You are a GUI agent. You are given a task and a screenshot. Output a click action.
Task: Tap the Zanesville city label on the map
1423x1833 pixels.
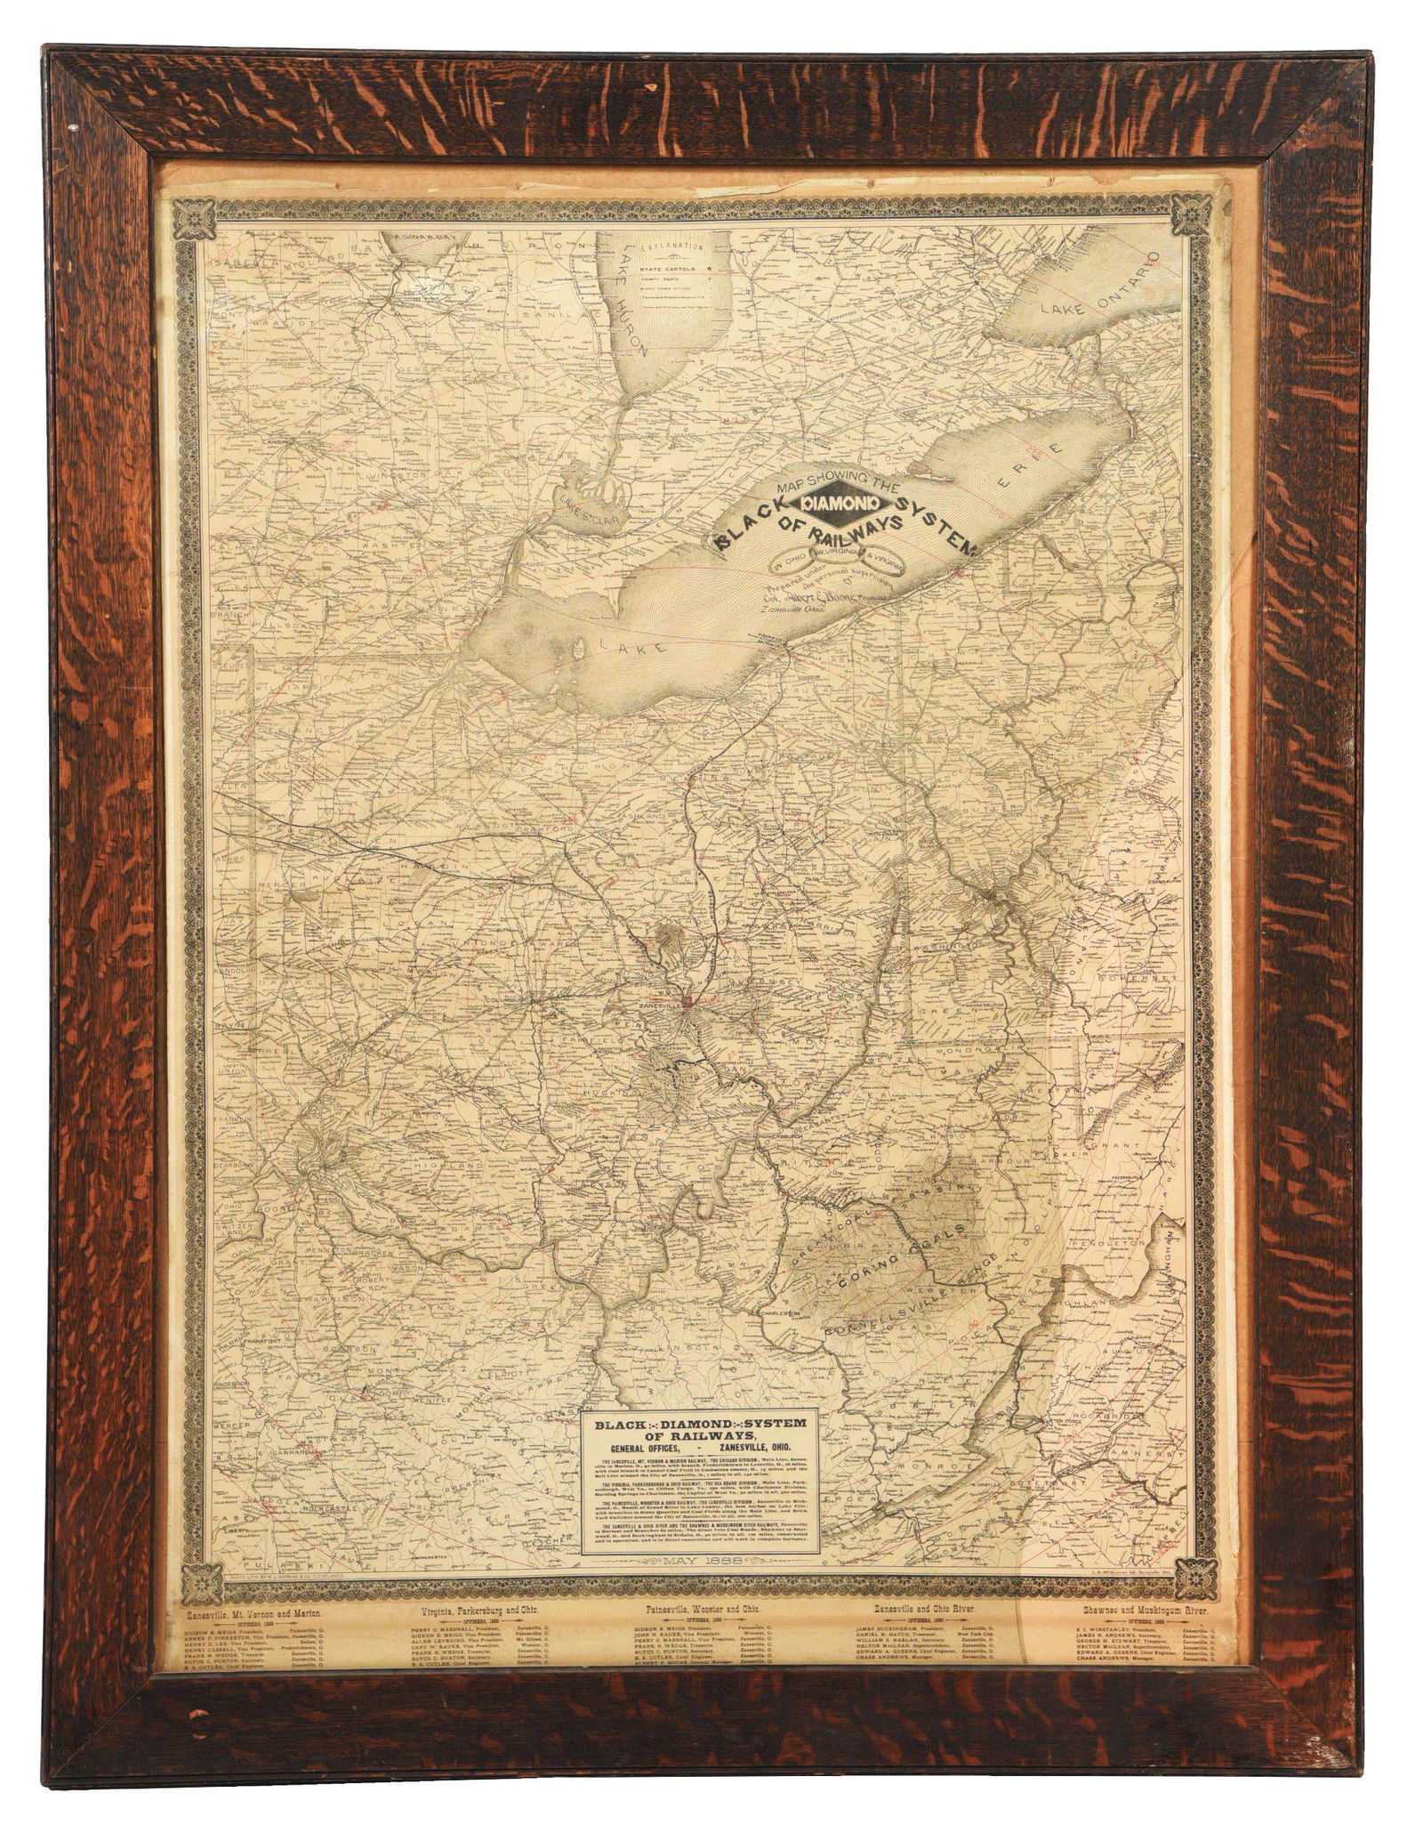point(656,1004)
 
